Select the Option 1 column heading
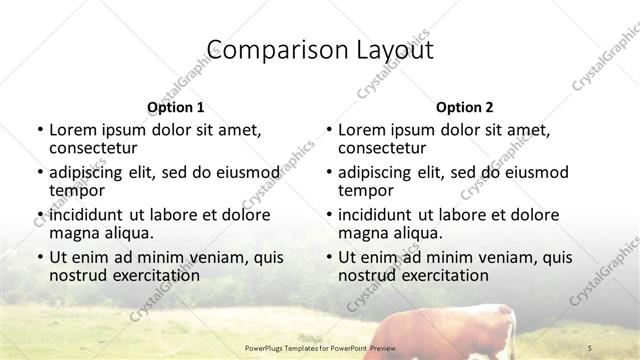175,107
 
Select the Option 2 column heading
464,107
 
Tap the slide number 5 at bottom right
590,346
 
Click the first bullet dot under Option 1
39,130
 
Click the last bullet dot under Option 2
328,258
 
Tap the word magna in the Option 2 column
363,233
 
